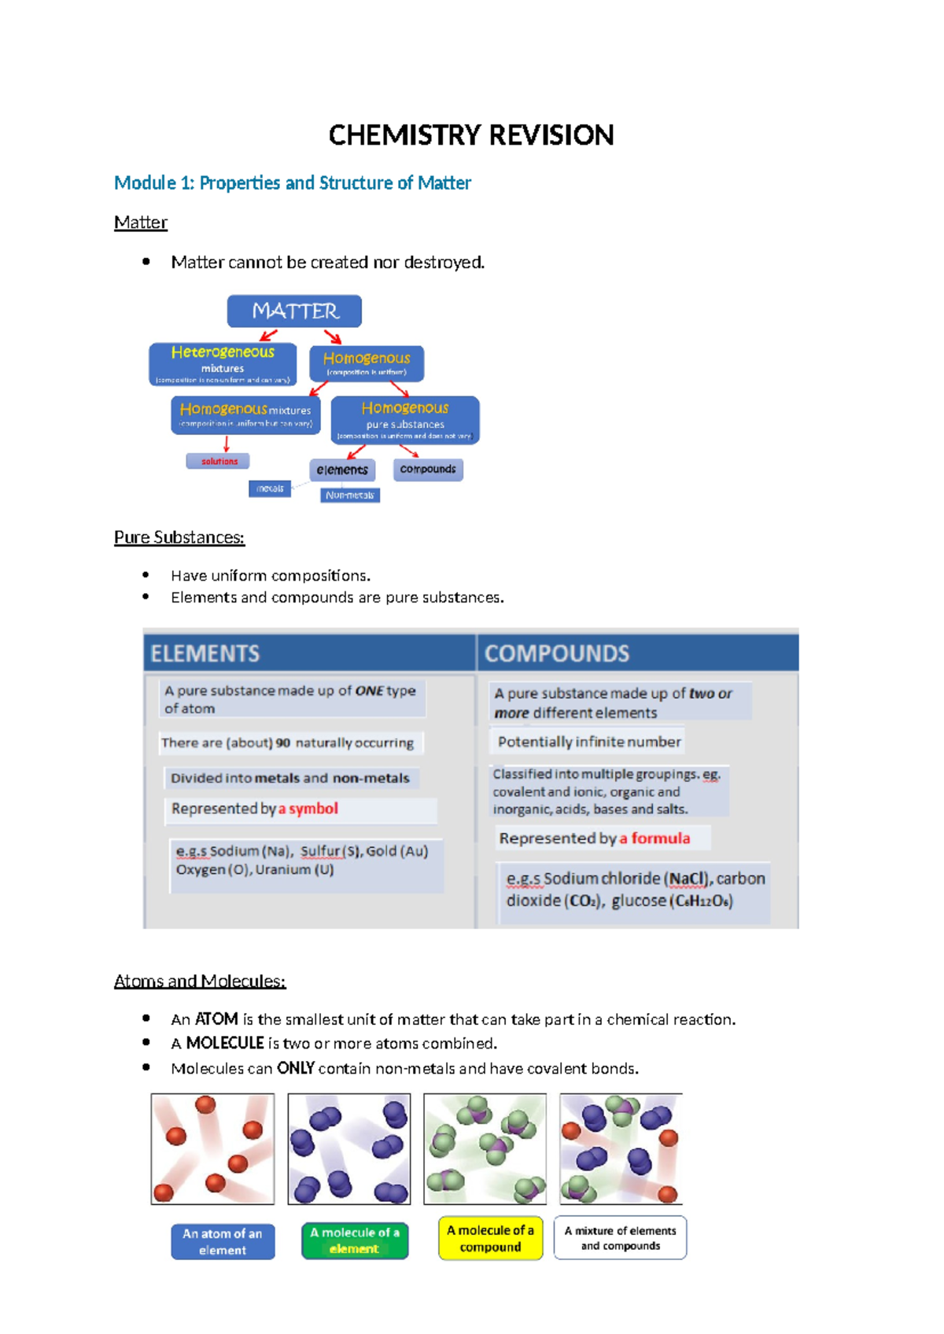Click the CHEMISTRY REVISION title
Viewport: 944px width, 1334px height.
pyautogui.click(x=470, y=135)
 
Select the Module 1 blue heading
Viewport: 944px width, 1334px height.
pyautogui.click(x=292, y=183)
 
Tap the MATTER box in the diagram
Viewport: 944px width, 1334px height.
pyautogui.click(x=294, y=311)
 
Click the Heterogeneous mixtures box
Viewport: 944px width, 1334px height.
pyautogui.click(x=223, y=364)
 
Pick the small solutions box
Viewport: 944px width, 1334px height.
pyautogui.click(x=218, y=462)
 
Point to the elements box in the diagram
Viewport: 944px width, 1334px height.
pyautogui.click(x=342, y=470)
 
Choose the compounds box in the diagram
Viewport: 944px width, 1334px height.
pyautogui.click(x=428, y=470)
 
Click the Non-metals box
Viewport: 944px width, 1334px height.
pyautogui.click(x=350, y=496)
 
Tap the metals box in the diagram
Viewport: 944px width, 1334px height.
pyautogui.click(x=270, y=488)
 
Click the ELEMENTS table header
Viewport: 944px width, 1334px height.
pyautogui.click(x=205, y=654)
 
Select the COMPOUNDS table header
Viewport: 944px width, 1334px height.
pyautogui.click(x=557, y=654)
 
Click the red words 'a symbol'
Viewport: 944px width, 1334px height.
pyautogui.click(x=308, y=809)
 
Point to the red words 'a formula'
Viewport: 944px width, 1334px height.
pyautogui.click(x=655, y=838)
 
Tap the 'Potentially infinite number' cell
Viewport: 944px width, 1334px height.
pyautogui.click(x=588, y=742)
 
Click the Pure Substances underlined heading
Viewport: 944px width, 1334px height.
pyautogui.click(x=179, y=537)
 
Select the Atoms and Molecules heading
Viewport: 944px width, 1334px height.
pyautogui.click(x=200, y=981)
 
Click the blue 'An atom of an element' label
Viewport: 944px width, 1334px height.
pyautogui.click(x=223, y=1241)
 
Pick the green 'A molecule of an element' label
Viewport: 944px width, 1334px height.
pyautogui.click(x=355, y=1240)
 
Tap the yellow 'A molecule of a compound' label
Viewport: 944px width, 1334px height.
pyautogui.click(x=490, y=1238)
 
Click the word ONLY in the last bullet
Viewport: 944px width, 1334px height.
pyautogui.click(x=296, y=1068)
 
